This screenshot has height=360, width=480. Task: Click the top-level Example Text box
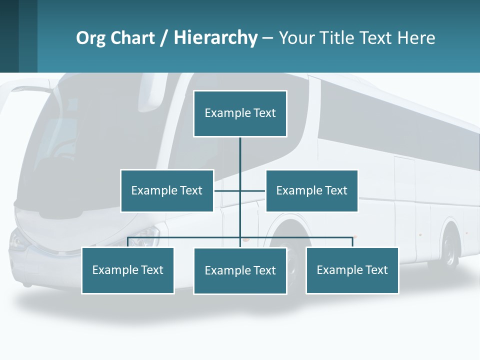(x=240, y=113)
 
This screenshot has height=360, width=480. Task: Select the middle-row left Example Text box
(x=167, y=190)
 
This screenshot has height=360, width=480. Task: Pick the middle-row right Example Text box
(x=311, y=190)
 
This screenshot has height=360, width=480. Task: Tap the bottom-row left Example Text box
(x=128, y=270)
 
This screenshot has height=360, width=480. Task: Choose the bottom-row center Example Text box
(x=240, y=270)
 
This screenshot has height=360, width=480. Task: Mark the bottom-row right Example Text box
(x=352, y=270)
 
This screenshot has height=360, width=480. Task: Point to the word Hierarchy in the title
(x=215, y=38)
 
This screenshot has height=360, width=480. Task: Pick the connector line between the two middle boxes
(x=239, y=190)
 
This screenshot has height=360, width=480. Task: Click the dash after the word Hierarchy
(x=267, y=38)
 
